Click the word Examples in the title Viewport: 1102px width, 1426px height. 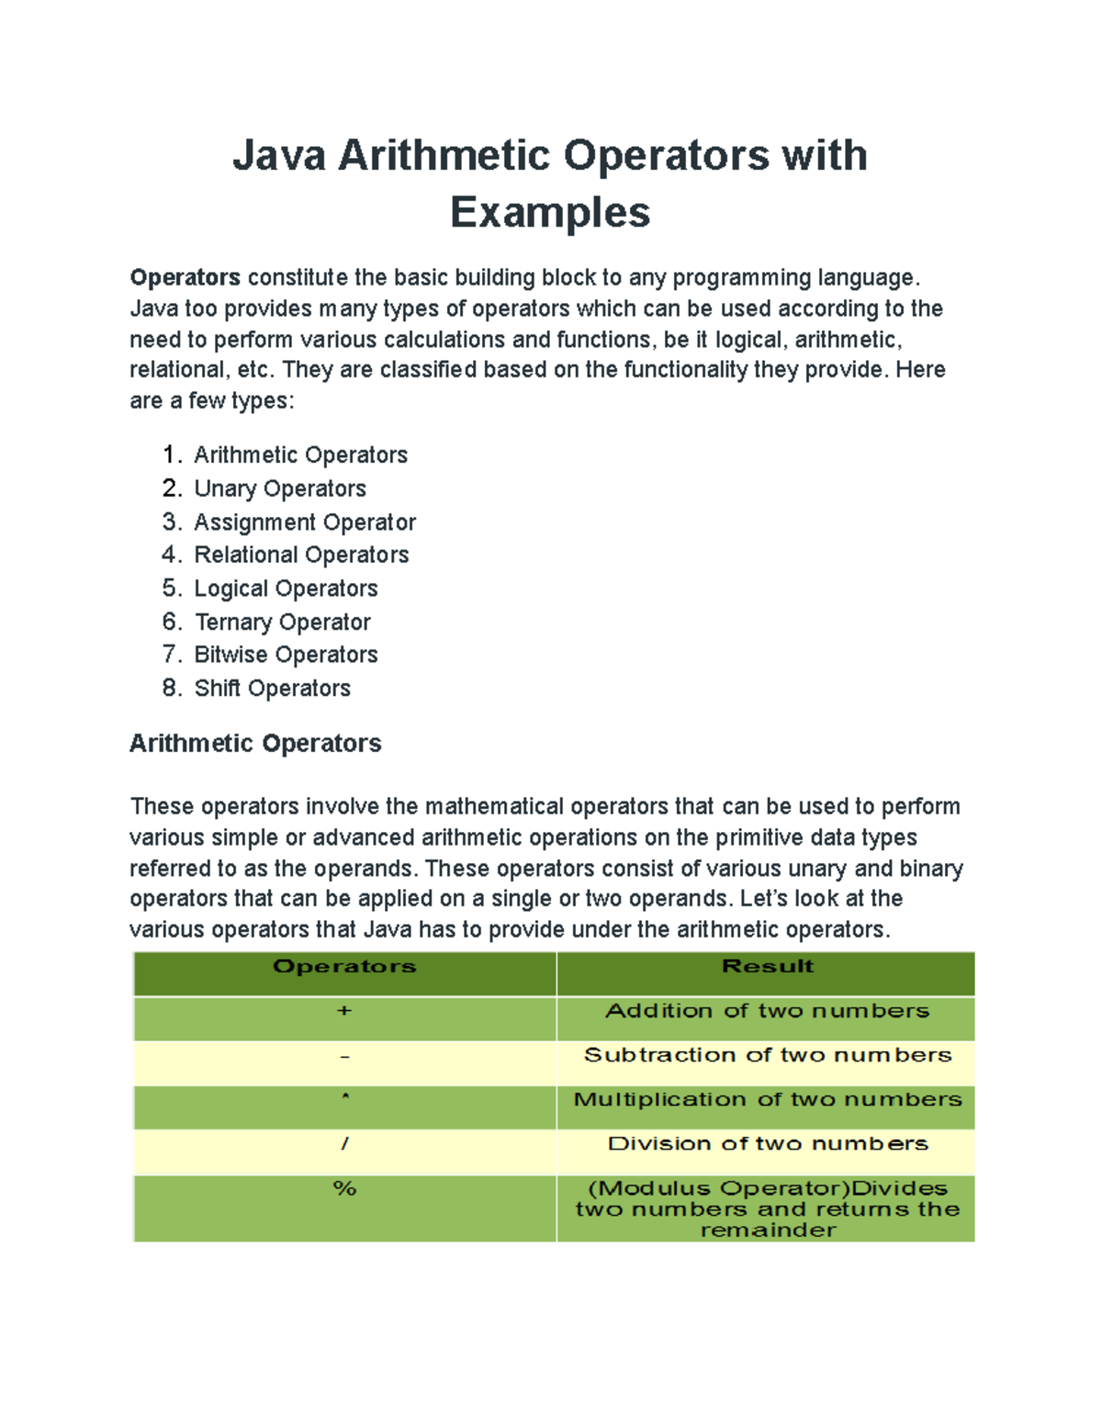(x=550, y=213)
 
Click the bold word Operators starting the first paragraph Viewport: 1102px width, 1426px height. (x=185, y=277)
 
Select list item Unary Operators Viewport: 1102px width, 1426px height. (x=280, y=488)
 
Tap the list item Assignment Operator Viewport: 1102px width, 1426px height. (x=305, y=522)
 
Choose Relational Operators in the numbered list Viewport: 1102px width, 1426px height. (x=301, y=555)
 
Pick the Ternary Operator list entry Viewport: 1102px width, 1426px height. (x=283, y=623)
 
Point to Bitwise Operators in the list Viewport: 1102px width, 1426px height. (x=286, y=655)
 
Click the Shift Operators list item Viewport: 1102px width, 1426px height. (x=272, y=689)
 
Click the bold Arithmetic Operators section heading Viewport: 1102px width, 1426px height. (x=255, y=743)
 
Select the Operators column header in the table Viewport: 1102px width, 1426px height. (x=344, y=967)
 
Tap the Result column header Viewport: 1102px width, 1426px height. (x=768, y=967)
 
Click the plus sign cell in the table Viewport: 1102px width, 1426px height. (x=344, y=1011)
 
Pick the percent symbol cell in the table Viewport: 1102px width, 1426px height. (x=344, y=1189)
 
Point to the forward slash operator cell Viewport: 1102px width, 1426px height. (x=344, y=1144)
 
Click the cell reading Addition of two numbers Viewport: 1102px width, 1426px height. (x=768, y=1011)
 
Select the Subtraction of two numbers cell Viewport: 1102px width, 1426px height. (x=768, y=1056)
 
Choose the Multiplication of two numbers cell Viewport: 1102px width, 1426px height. (x=768, y=1100)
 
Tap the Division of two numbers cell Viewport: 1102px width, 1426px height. (x=768, y=1144)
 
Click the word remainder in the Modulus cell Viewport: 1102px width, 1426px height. (x=768, y=1230)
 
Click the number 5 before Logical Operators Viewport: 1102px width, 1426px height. (x=171, y=589)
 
